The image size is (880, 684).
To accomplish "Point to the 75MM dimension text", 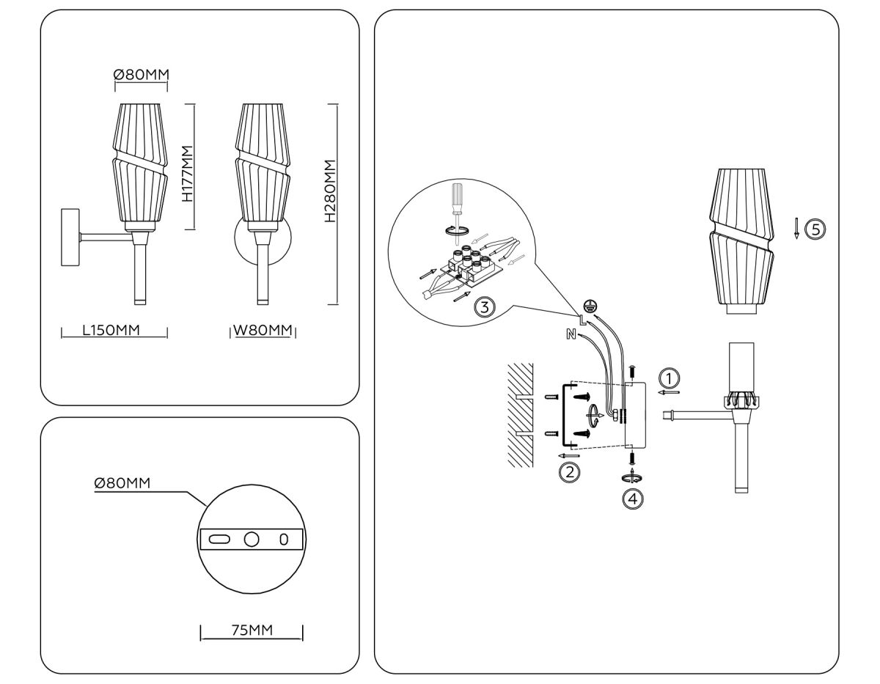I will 252,630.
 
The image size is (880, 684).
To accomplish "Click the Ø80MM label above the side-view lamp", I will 141,74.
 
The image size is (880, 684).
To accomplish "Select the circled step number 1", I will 669,378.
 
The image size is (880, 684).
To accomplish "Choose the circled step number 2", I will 569,471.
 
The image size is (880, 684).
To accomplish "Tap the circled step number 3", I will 483,306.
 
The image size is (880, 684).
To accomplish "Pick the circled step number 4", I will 632,499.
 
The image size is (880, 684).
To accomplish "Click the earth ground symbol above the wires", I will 588,306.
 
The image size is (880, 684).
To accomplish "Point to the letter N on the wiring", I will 571,335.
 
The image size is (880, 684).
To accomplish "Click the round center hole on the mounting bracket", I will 252,540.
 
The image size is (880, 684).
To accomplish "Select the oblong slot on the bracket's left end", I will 219,540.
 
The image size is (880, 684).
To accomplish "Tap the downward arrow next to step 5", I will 796,229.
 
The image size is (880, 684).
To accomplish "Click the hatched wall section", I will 519,414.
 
